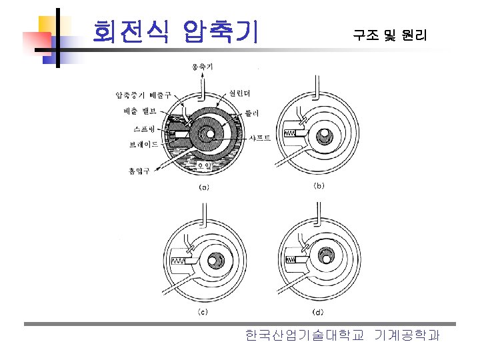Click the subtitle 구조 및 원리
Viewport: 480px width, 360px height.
tap(389, 35)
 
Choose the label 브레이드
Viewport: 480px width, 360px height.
tap(143, 144)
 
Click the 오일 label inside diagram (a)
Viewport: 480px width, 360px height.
tap(204, 165)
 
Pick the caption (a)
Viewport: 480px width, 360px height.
tap(203, 187)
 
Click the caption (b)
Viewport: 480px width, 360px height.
tap(319, 186)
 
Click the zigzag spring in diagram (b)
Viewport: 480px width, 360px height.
tap(291, 134)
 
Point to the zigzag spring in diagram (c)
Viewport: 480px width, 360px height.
tap(179, 261)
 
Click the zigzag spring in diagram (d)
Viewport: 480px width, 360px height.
tap(292, 259)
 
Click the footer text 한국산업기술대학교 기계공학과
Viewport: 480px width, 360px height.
tap(342, 335)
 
